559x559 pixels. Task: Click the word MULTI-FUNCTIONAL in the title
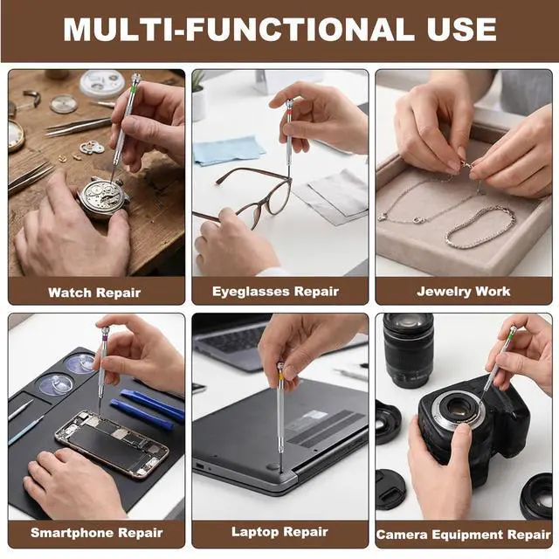[238, 29]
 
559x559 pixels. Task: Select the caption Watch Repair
[94, 293]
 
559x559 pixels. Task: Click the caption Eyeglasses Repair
[275, 292]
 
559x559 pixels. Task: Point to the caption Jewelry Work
[464, 291]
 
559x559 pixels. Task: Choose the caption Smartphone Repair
[97, 533]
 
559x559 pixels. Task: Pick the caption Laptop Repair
[279, 532]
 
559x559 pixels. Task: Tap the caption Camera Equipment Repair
[463, 535]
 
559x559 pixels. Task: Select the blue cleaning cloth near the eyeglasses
[228, 150]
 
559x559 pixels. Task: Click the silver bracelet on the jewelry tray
[480, 229]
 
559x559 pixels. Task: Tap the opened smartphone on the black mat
[112, 443]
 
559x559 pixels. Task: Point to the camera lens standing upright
[408, 350]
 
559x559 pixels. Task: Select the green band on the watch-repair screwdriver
[134, 87]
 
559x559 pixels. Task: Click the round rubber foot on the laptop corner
[273, 466]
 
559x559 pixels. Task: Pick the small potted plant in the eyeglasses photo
[199, 95]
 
